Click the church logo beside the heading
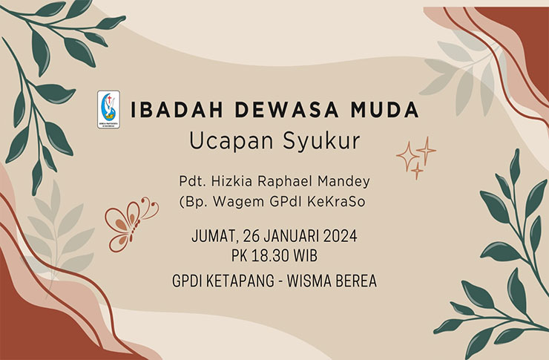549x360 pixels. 108,110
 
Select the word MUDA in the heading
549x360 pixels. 384,110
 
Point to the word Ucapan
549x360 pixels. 231,142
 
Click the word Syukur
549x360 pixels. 321,142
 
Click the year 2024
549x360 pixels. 340,236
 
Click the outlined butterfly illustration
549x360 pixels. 131,223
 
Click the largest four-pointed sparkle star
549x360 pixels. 407,156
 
